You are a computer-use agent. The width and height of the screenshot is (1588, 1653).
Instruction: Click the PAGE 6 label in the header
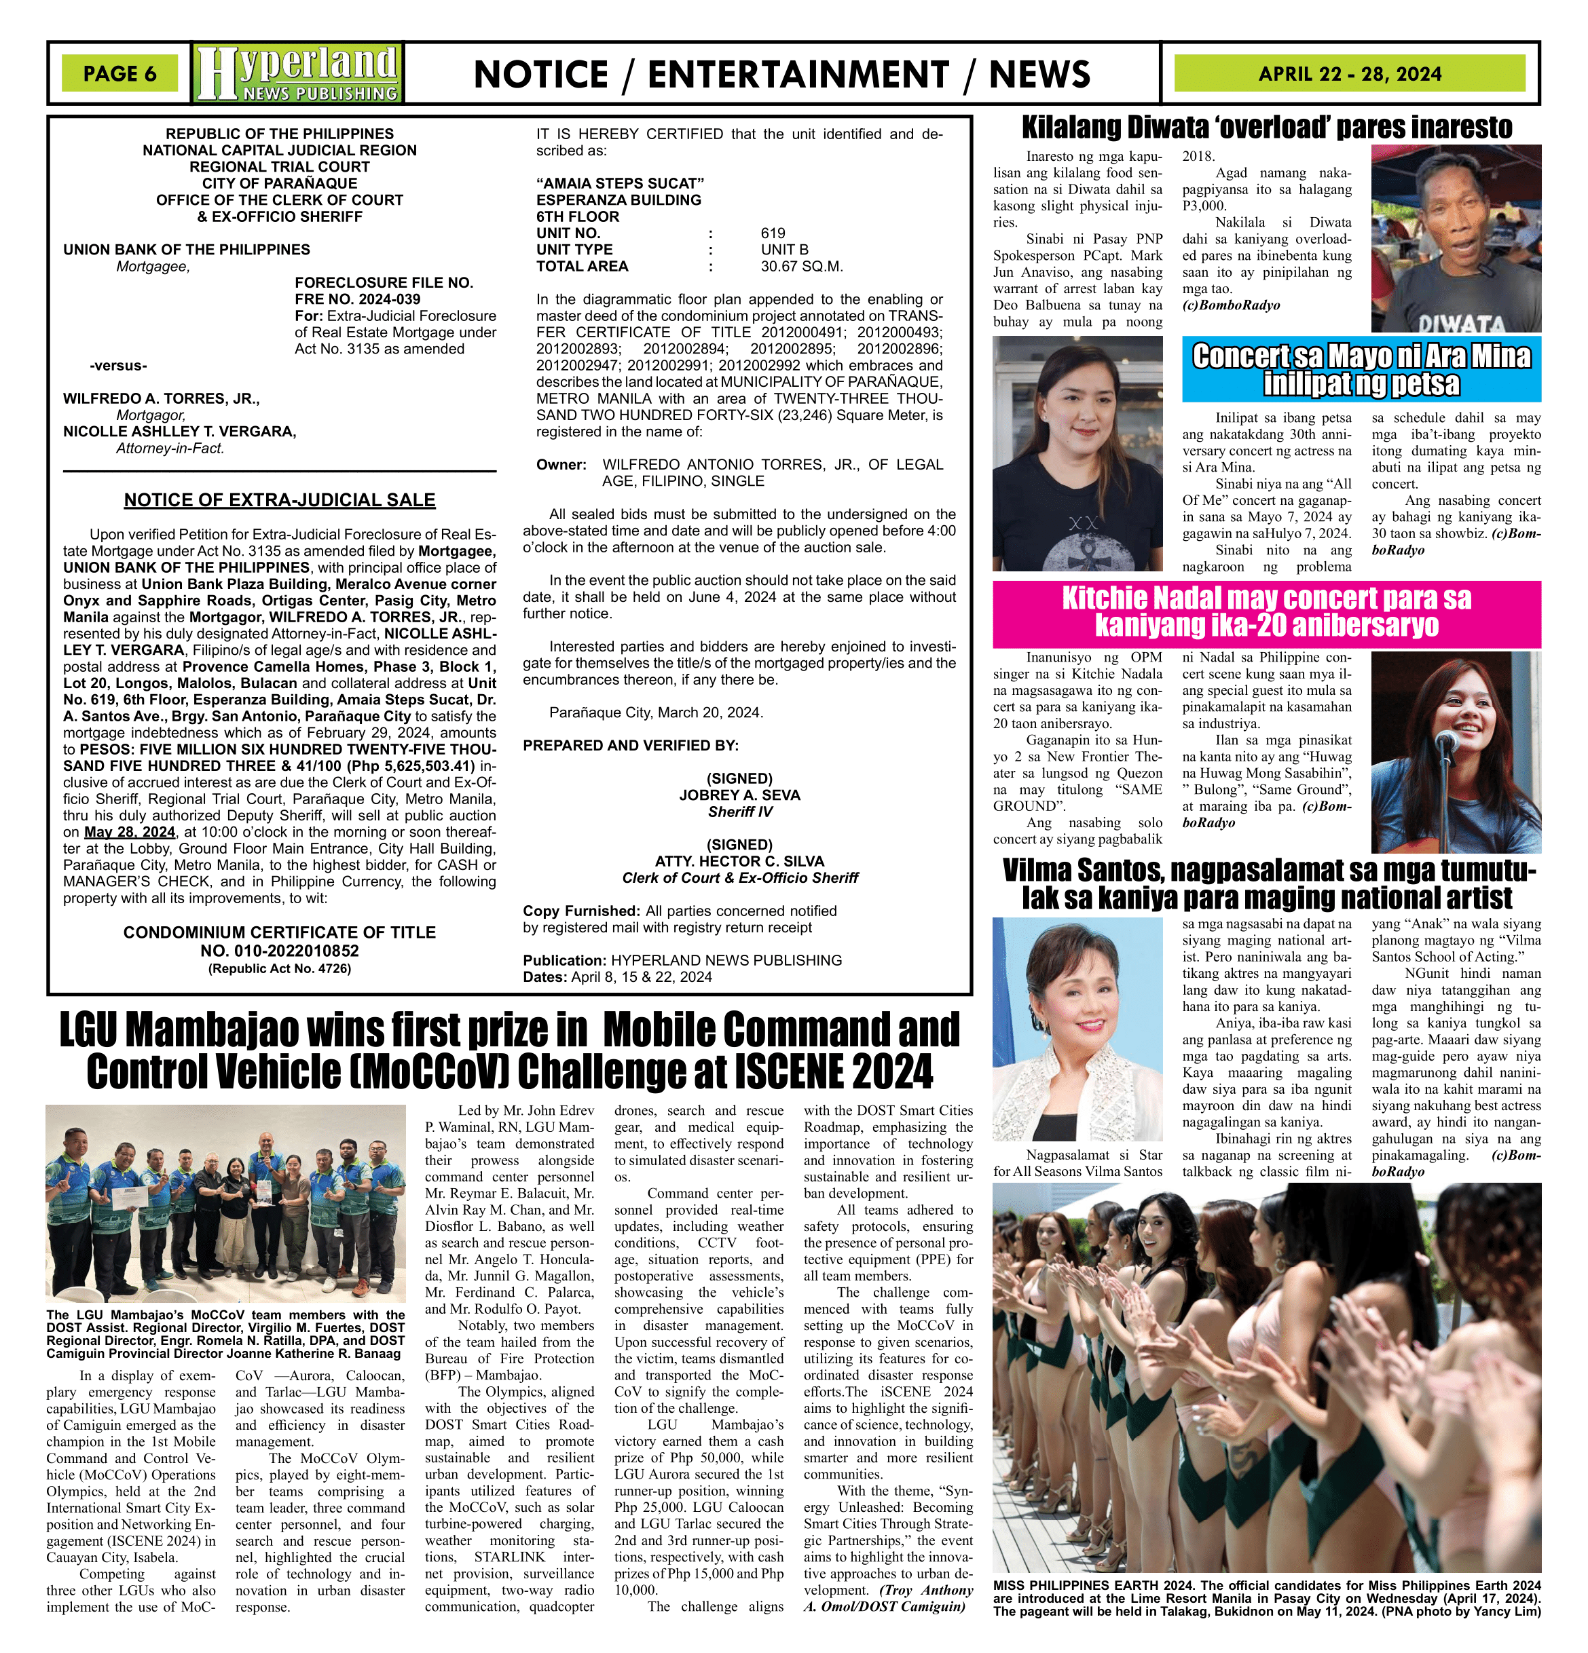[119, 73]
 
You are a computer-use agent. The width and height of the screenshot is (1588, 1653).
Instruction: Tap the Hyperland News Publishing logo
[298, 73]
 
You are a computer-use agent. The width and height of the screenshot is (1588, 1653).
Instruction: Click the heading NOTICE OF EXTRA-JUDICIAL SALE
[279, 500]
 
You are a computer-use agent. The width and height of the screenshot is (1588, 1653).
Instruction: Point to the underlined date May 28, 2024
[130, 831]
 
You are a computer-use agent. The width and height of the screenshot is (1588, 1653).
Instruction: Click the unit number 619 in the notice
[772, 233]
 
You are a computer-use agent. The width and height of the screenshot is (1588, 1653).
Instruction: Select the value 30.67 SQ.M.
[802, 267]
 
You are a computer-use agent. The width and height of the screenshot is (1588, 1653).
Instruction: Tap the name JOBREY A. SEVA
[739, 795]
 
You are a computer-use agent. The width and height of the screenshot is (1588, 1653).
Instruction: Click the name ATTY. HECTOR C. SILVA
[739, 861]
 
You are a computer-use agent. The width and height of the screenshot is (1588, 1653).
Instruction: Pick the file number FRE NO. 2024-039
[357, 299]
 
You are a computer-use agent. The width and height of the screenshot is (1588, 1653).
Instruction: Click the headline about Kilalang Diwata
[1266, 128]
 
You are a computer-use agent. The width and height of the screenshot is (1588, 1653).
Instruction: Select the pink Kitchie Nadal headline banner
[1266, 611]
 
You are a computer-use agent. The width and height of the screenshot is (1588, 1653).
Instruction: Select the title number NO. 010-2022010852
[279, 951]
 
